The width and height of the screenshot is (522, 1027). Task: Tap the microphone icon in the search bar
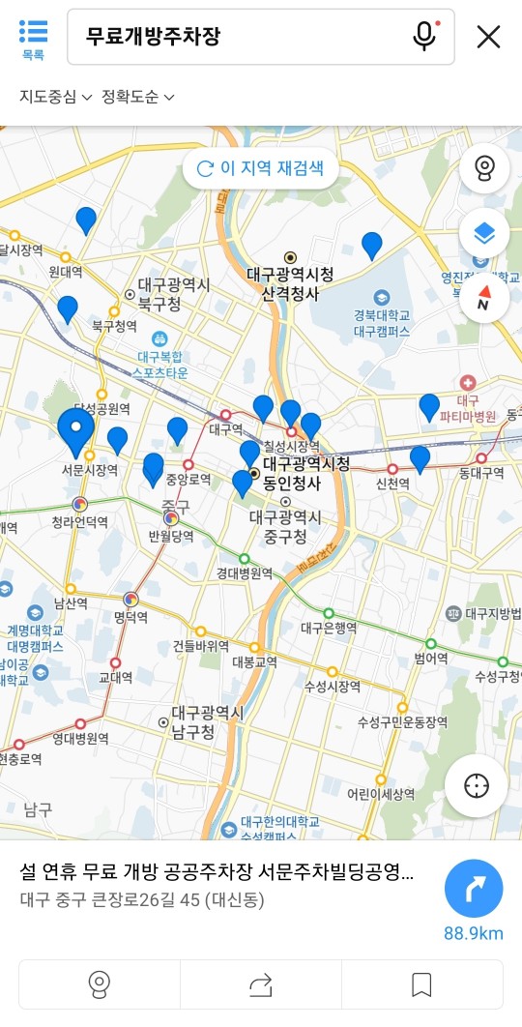pyautogui.click(x=423, y=37)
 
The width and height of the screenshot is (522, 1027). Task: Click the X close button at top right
pyautogui.click(x=488, y=37)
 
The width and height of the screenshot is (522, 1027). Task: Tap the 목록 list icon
pyautogui.click(x=33, y=37)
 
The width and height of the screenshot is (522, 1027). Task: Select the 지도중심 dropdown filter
pyautogui.click(x=56, y=97)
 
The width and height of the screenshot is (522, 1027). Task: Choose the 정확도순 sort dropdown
pyautogui.click(x=138, y=97)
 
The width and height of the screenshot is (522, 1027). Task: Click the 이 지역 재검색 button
pyautogui.click(x=260, y=168)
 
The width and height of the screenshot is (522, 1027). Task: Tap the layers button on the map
pyautogui.click(x=484, y=233)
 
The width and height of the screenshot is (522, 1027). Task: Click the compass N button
pyautogui.click(x=484, y=300)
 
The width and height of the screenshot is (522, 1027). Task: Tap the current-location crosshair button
pyautogui.click(x=477, y=786)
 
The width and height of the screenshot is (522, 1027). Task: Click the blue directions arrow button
pyautogui.click(x=474, y=888)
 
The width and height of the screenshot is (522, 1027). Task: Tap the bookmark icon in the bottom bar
pyautogui.click(x=421, y=984)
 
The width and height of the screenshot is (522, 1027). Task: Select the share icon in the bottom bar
pyautogui.click(x=261, y=984)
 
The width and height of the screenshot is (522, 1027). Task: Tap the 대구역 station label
pyautogui.click(x=226, y=428)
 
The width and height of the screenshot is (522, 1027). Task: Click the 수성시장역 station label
pyautogui.click(x=333, y=686)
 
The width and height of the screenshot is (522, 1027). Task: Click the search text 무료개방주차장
pyautogui.click(x=154, y=37)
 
